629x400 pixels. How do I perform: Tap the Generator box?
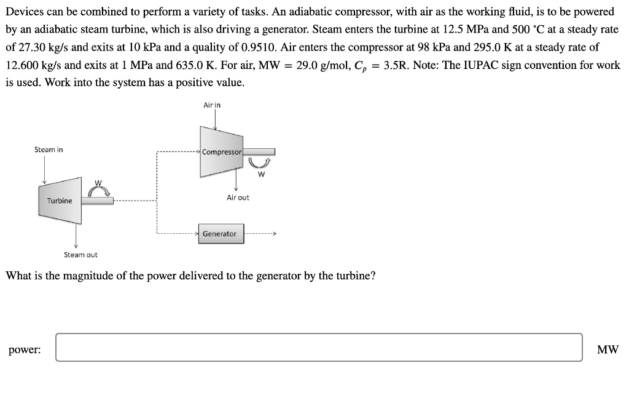coord(220,234)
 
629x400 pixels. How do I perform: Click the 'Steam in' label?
coord(49,150)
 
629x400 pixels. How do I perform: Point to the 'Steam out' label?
coord(80,255)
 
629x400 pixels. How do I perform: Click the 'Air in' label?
coord(212,105)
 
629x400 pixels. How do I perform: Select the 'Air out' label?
coord(238,198)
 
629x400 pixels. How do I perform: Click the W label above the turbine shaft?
coord(97,183)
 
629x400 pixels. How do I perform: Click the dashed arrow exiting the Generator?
coord(261,234)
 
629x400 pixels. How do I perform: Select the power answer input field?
coord(319,347)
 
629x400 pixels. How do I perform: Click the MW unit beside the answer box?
coord(608,350)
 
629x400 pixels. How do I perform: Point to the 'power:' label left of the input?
coord(25,350)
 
